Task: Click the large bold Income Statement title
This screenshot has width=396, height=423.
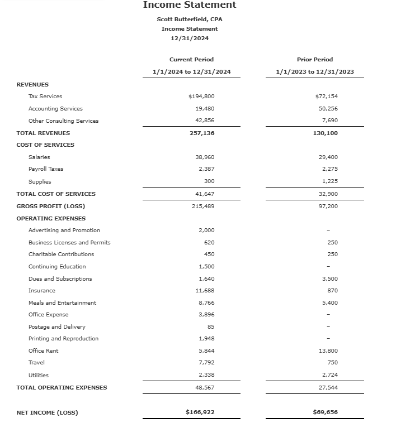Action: [190, 5]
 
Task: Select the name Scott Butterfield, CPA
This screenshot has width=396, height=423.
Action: [190, 19]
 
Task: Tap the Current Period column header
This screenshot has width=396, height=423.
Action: [191, 59]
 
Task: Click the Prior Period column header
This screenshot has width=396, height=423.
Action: [314, 59]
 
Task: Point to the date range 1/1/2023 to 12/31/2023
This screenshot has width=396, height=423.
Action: [314, 71]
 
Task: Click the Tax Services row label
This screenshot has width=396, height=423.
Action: [45, 97]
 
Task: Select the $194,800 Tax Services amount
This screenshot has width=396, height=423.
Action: [201, 97]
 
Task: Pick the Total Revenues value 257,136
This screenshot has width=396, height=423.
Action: [202, 133]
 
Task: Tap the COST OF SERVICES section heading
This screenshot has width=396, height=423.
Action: [45, 145]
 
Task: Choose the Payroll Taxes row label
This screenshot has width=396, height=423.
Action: [46, 169]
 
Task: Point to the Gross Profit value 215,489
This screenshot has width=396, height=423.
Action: [202, 206]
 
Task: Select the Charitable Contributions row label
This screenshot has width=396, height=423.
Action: [61, 254]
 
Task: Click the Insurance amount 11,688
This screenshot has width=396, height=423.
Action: [205, 291]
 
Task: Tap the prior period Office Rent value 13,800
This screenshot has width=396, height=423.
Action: [327, 351]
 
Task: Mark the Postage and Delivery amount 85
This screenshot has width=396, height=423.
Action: [210, 327]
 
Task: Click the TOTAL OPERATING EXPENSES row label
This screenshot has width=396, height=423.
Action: [62, 387]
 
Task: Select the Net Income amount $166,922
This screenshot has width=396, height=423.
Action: [200, 412]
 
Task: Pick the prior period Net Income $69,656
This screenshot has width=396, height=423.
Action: [325, 412]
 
